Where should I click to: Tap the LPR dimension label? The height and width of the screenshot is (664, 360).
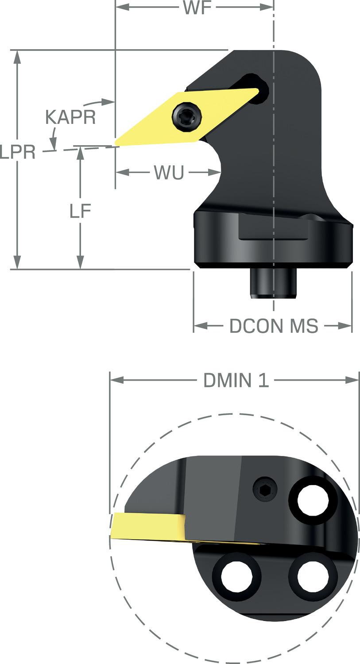[x=18, y=152]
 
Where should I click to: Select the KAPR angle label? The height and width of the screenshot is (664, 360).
[x=70, y=117]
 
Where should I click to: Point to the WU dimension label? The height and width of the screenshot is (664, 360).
[x=169, y=172]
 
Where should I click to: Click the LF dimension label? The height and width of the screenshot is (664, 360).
[x=80, y=211]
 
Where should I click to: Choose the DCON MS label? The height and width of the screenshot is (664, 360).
[x=274, y=326]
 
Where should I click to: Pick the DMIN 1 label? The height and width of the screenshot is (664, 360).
[x=236, y=380]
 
